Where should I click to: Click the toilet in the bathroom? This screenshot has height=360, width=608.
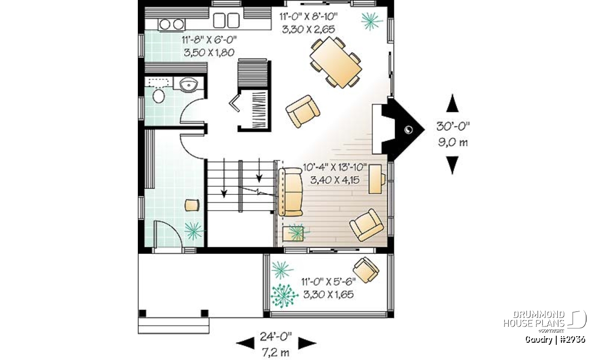159,96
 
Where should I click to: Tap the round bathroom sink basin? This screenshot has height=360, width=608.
188,85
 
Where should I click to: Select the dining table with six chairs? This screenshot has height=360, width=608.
336,62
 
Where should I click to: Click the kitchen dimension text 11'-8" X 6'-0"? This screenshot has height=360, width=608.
209,40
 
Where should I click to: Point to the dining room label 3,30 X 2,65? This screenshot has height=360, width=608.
309,29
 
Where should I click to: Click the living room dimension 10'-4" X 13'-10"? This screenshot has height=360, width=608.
335,167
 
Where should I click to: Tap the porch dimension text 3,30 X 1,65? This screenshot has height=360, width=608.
328,295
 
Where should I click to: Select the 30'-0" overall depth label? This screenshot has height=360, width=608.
453,127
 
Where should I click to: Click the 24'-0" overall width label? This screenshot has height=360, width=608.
276,337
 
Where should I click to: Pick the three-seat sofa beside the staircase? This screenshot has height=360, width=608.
290,192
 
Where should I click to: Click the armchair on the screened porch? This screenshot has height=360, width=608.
366,270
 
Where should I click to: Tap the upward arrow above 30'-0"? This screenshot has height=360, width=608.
452,103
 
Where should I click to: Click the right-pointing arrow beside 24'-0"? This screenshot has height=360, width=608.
307,343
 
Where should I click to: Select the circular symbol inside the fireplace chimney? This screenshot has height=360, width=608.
408,130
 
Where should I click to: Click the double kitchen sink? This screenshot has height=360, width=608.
226,20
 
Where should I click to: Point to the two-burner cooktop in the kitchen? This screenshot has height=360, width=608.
172,24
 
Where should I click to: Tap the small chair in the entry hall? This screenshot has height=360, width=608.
192,205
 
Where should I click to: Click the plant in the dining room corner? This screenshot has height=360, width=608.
372,21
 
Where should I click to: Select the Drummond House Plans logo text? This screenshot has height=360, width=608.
534,319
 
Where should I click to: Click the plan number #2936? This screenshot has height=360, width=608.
573,340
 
